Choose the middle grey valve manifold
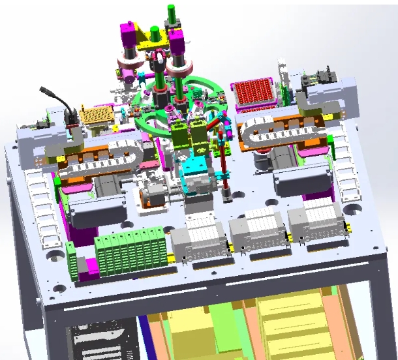tap(258, 228)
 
